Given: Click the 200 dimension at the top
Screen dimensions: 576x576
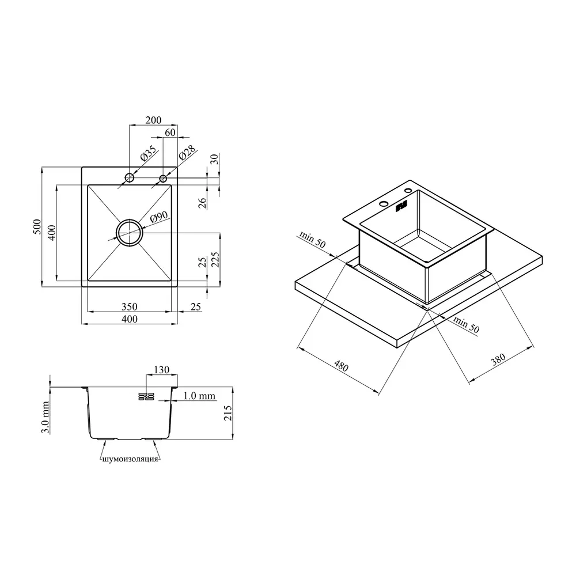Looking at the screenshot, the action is [x=153, y=120].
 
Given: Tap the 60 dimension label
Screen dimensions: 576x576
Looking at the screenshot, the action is [x=170, y=132].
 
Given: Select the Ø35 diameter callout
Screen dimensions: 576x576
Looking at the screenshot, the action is [x=149, y=154].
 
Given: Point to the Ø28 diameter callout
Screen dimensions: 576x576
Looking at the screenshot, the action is [x=187, y=153].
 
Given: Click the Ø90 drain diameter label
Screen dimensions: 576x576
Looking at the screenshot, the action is [x=159, y=217].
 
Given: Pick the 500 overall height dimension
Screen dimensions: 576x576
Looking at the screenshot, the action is [x=37, y=227].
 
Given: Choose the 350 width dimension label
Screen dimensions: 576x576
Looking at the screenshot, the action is [x=129, y=306].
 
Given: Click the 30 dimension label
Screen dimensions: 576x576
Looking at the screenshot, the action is [x=215, y=159].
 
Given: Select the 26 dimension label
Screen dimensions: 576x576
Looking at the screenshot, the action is [x=202, y=203].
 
